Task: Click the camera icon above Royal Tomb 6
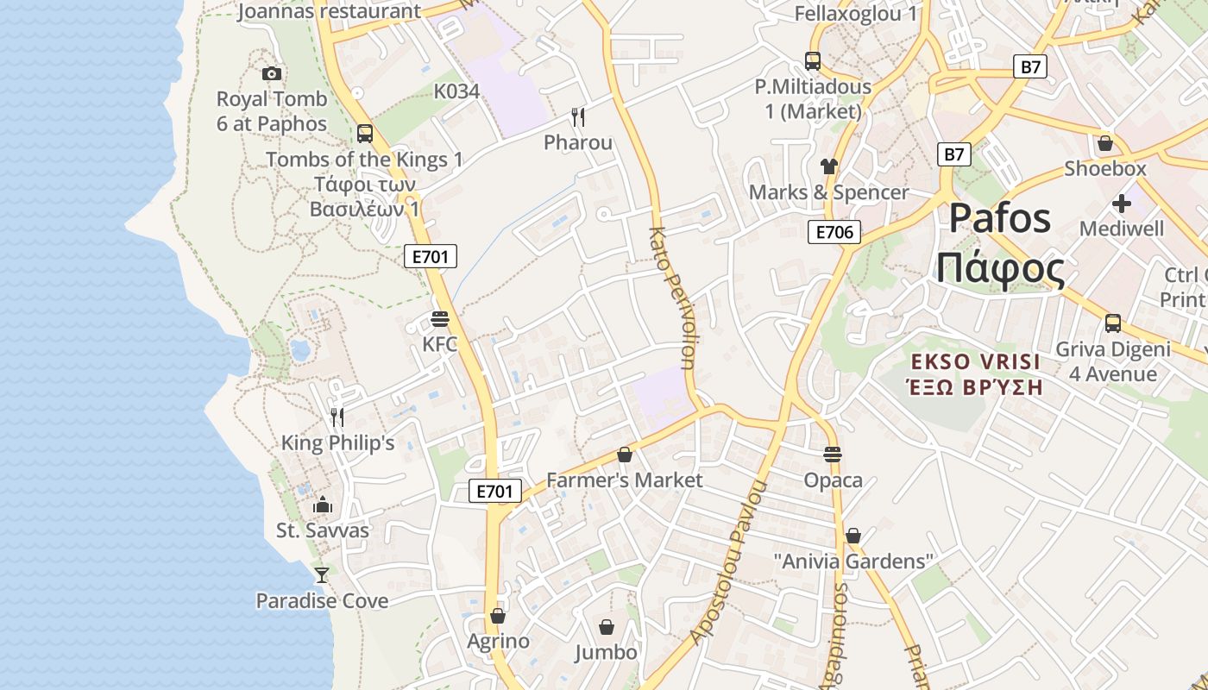pyautogui.click(x=272, y=74)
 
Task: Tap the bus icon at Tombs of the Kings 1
pyautogui.click(x=365, y=134)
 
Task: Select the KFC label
pyautogui.click(x=440, y=344)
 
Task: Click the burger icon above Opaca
pyautogui.click(x=833, y=454)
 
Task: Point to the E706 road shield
pyautogui.click(x=834, y=232)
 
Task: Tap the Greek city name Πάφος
pyautogui.click(x=1000, y=269)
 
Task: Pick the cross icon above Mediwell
pyautogui.click(x=1122, y=204)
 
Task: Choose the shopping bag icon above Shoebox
pyautogui.click(x=1105, y=143)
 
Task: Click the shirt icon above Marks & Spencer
pyautogui.click(x=829, y=166)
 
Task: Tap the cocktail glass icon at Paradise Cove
pyautogui.click(x=322, y=574)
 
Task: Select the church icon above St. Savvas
pyautogui.click(x=323, y=504)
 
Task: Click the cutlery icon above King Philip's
pyautogui.click(x=337, y=417)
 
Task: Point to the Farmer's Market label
pyautogui.click(x=625, y=480)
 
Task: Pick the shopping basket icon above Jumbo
pyautogui.click(x=607, y=626)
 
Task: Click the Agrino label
pyautogui.click(x=498, y=641)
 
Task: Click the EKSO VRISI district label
pyautogui.click(x=976, y=361)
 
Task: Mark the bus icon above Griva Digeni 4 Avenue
pyautogui.click(x=1113, y=323)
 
